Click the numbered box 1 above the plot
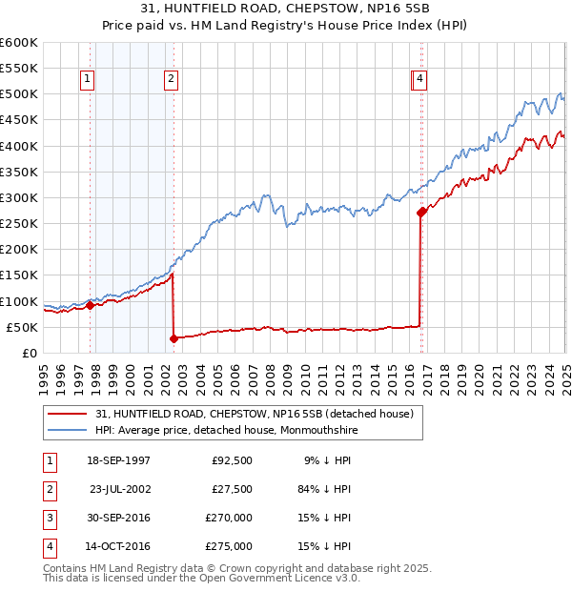[x=87, y=80]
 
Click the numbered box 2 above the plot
[x=171, y=80]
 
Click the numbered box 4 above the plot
[x=419, y=80]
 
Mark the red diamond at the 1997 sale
[x=90, y=306]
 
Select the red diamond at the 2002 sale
[x=174, y=338]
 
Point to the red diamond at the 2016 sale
[x=420, y=213]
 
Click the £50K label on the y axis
[x=22, y=327]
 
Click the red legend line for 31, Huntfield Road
[x=67, y=414]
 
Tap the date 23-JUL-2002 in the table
[x=120, y=489]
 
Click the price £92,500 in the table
[x=232, y=460]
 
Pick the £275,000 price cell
[x=230, y=546]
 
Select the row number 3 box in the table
[x=49, y=518]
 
